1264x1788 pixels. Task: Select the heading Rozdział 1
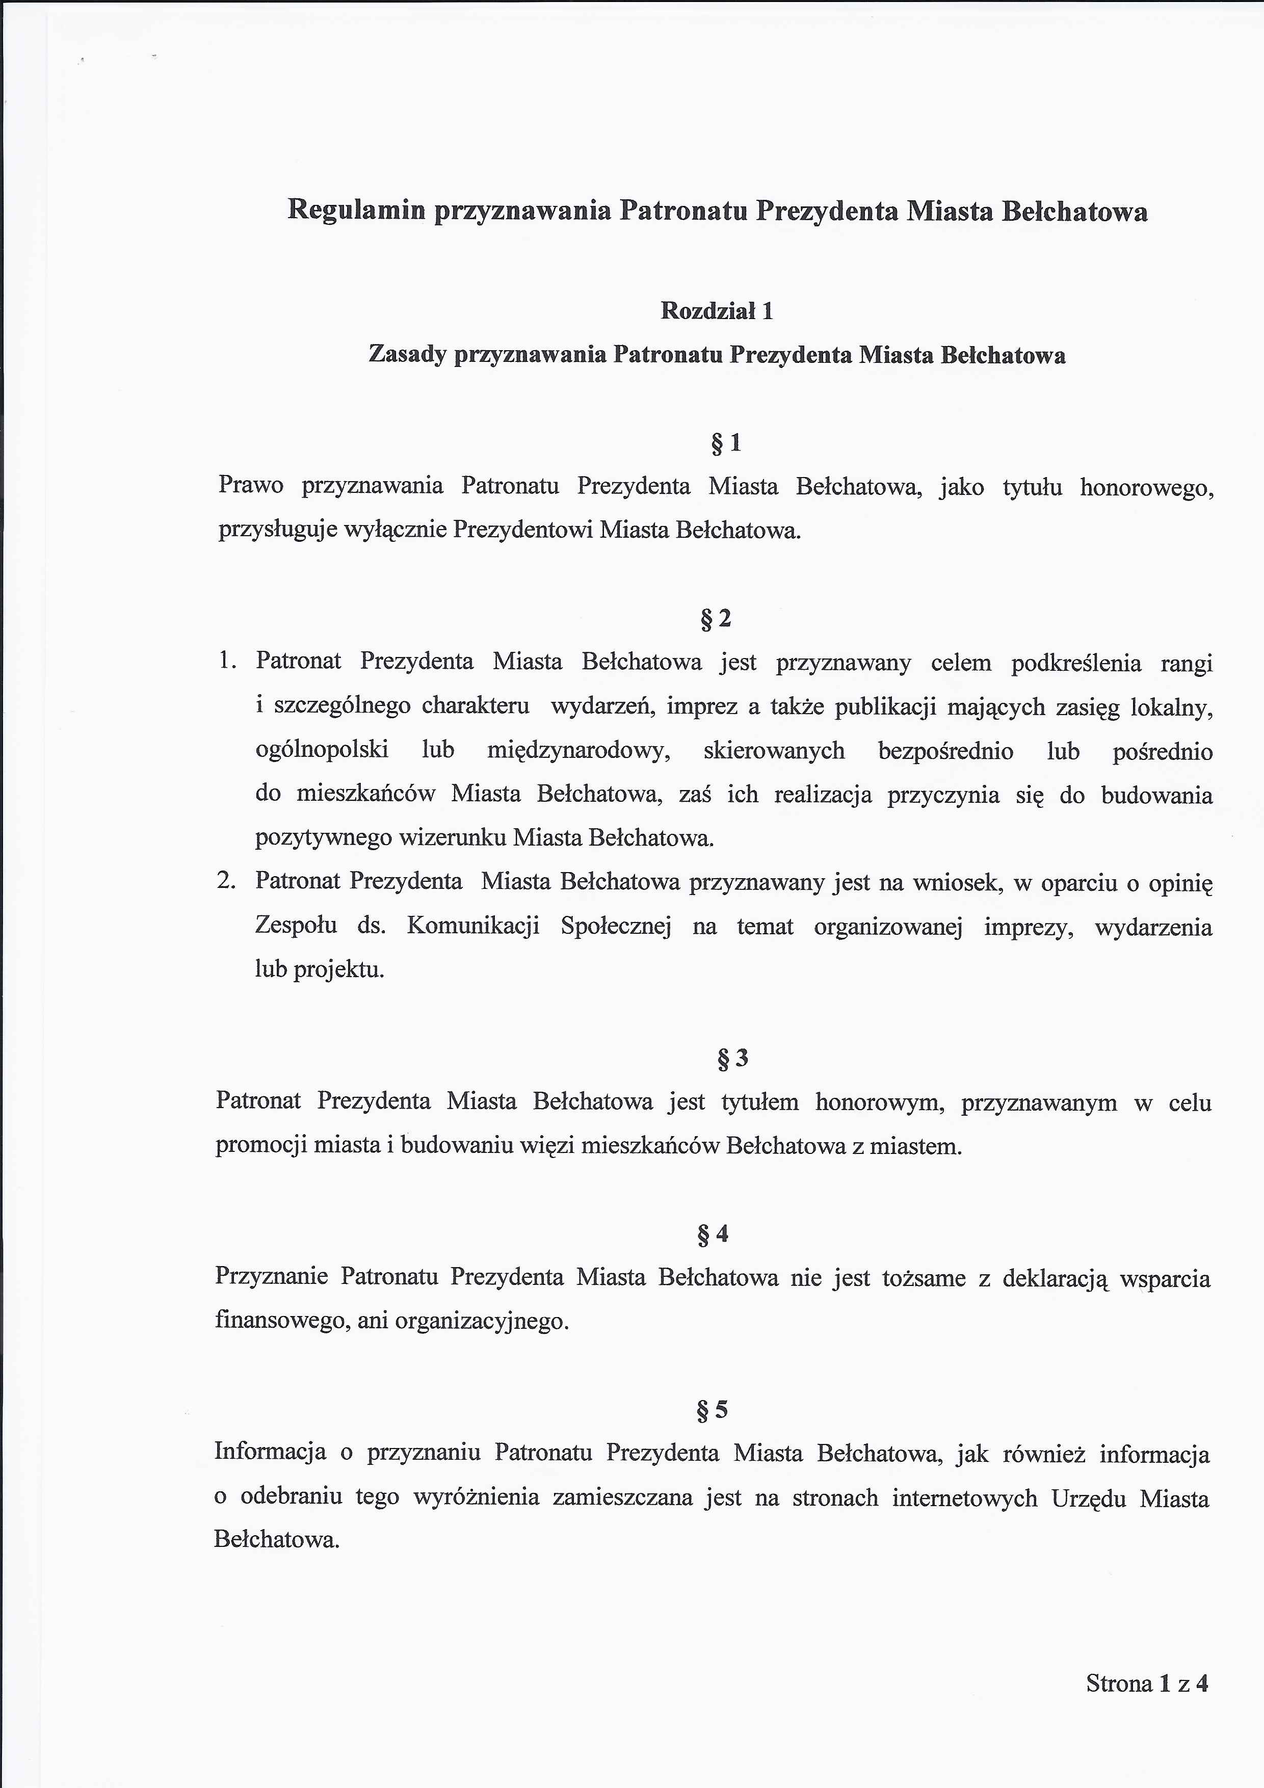717,311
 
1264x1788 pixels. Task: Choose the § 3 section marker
732,1058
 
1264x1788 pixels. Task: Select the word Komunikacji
473,926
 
